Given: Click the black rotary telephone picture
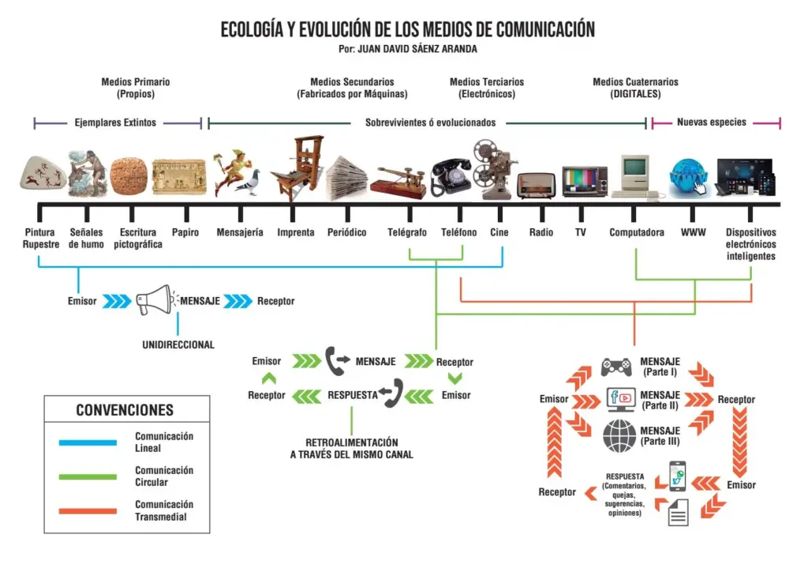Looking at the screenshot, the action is coord(451,176).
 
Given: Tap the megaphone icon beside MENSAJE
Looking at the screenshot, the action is coord(154,299).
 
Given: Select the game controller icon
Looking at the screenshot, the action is coord(616,367).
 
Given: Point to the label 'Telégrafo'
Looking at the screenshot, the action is coord(407,232).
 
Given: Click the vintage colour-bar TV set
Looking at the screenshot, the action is coord(585,181).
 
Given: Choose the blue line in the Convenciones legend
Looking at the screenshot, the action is coord(88,442).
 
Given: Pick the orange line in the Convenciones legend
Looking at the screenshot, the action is coord(88,511).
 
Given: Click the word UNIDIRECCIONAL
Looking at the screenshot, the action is coord(178,345).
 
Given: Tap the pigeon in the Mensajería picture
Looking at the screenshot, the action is coord(250,183).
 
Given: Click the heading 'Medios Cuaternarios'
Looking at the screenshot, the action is coord(635,81).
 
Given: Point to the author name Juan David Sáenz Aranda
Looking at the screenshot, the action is coord(417,49).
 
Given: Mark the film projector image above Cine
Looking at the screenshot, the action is coord(494,169).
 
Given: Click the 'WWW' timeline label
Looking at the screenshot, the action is coord(693,232).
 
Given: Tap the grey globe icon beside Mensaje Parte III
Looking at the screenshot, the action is coord(619,435).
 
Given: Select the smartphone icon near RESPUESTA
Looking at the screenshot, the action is coord(677,476).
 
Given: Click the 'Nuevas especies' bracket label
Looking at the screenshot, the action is coord(712,122).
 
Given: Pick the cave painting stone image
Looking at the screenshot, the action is coord(43,173).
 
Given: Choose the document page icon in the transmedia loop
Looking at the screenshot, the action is coord(678,512).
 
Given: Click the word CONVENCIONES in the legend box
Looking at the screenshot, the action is coord(125,410).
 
